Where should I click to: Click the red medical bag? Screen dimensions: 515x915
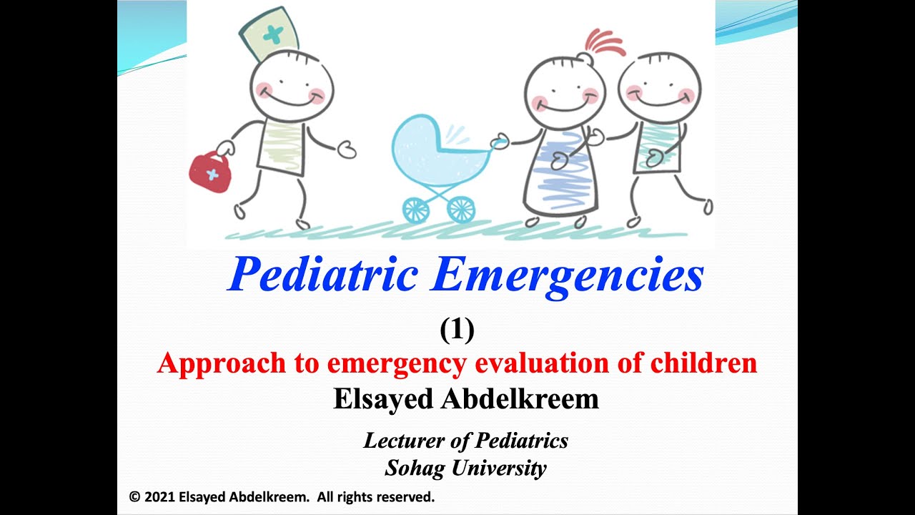210,171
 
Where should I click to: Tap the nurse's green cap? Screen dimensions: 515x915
269,34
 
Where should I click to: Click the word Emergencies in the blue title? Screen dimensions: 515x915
566,275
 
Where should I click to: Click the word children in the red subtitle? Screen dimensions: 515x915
703,363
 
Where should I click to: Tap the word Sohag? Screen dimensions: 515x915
412,469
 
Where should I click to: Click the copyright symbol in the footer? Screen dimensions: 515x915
134,496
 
